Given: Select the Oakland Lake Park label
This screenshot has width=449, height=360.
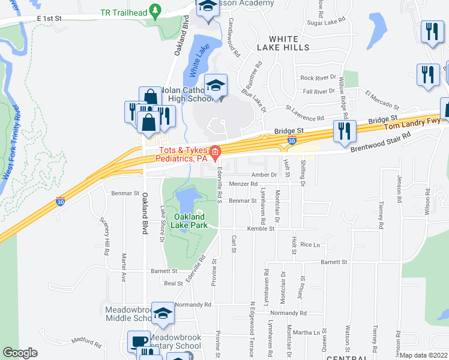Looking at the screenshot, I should tap(189, 221).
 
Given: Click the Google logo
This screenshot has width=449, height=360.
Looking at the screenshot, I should tap(20, 353).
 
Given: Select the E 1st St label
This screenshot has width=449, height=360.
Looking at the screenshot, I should tap(49, 19).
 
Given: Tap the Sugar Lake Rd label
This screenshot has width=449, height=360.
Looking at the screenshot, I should tap(327, 21).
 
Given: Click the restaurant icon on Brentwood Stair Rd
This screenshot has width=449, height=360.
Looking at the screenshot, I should tap(345, 131).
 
